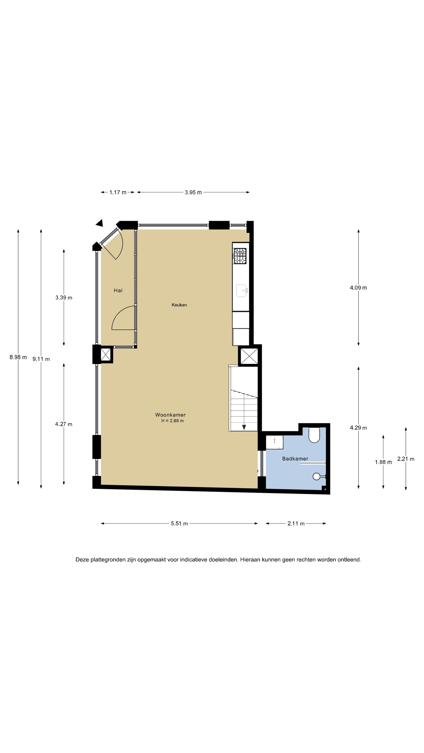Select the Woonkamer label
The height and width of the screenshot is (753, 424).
tap(170, 415)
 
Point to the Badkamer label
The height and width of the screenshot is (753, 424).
tap(295, 459)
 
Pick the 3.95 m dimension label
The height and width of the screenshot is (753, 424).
tap(193, 192)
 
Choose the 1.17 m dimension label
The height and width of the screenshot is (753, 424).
tap(118, 192)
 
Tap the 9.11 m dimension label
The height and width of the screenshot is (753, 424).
tap(41, 359)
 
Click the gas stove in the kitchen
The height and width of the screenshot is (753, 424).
tap(240, 256)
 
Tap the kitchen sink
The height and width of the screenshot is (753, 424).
tap(242, 291)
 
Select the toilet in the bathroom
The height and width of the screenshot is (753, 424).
tap(314, 435)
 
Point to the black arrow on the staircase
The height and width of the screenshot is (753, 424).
tap(244, 427)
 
